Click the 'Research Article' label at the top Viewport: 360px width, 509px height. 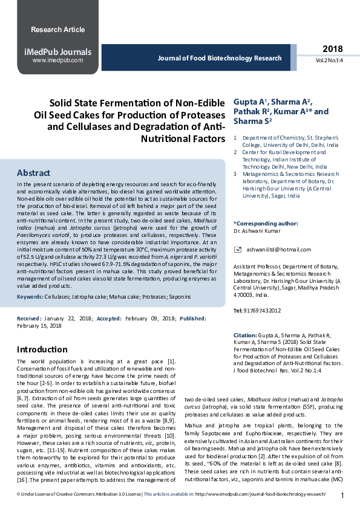point(57,29)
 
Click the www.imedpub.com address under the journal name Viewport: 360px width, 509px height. point(57,60)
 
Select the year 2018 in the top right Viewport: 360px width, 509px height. point(332,49)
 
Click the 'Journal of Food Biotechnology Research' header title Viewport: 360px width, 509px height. point(220,58)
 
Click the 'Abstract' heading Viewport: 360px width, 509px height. point(33,173)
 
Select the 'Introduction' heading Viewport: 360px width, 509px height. point(42,349)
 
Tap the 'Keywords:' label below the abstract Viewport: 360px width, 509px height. point(30,298)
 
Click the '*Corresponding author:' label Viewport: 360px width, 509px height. point(265,223)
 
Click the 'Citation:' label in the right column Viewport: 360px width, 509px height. point(245,335)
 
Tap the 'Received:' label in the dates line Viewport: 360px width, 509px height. point(29,318)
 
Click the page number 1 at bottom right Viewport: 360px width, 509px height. point(342,496)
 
